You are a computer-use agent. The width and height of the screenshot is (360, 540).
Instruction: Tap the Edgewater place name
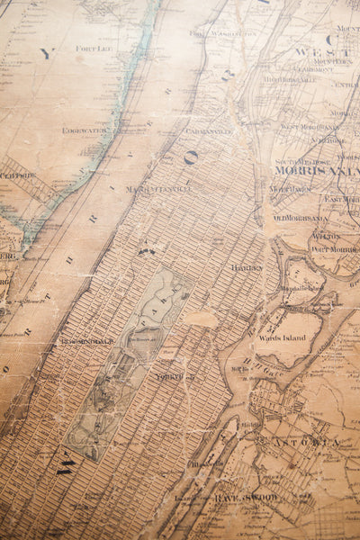pyautogui.click(x=85, y=130)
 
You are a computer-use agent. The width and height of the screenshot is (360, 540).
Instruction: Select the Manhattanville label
pyautogui.click(x=158, y=189)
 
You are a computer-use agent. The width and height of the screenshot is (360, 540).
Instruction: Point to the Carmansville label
pyautogui.click(x=208, y=130)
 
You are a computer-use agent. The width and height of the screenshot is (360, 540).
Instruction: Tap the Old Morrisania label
pyautogui.click(x=301, y=218)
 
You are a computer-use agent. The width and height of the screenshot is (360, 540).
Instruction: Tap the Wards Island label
pyautogui.click(x=283, y=337)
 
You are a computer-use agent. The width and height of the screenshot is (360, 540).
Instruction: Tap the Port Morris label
pyautogui.click(x=334, y=248)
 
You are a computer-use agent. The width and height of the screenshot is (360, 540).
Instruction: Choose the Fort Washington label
pyautogui.click(x=222, y=32)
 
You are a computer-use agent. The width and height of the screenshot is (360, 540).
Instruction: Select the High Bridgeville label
pyautogui.click(x=290, y=79)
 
